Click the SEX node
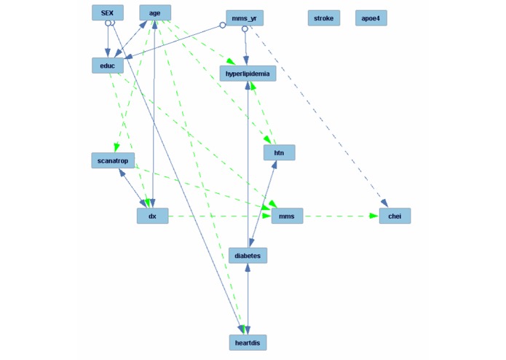[x=107, y=13]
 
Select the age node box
[x=155, y=13]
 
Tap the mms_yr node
[x=245, y=18]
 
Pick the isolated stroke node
[x=323, y=18]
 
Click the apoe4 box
[x=371, y=18]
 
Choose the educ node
[x=108, y=66]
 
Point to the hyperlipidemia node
[x=248, y=74]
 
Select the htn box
[x=279, y=153]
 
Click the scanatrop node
[x=113, y=160]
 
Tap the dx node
[x=152, y=216]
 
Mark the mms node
[x=287, y=216]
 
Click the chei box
[x=395, y=216]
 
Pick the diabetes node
[x=248, y=256]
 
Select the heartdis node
[x=248, y=343]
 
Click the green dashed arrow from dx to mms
[x=218, y=216]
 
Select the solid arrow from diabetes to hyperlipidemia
[x=248, y=168]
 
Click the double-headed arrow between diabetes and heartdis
[x=248, y=299]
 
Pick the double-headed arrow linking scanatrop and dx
[x=132, y=188]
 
